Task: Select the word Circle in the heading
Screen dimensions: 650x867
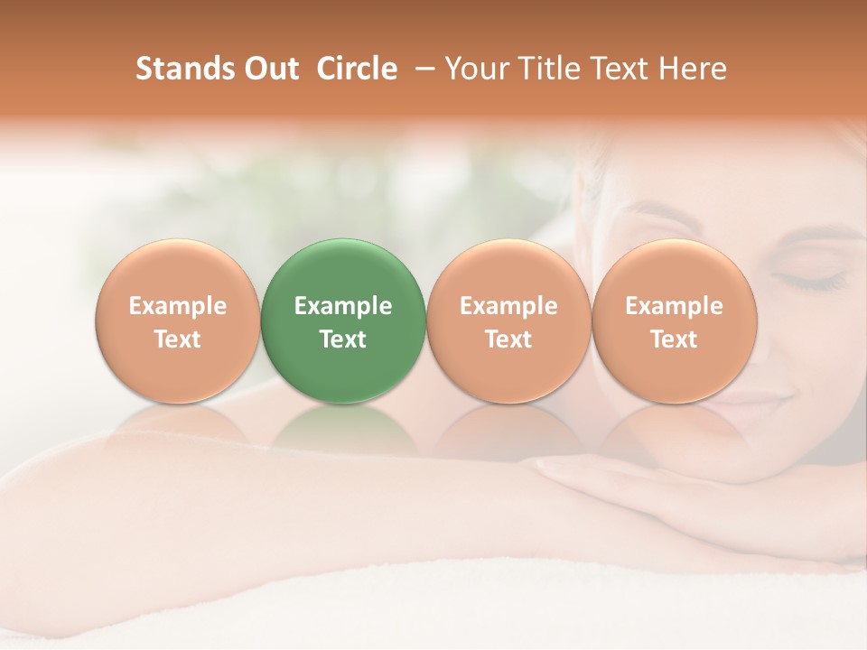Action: [x=356, y=70]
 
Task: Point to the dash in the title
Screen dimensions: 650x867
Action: [x=421, y=70]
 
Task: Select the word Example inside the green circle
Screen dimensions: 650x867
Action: [x=343, y=306]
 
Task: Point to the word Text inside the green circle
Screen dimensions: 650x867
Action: [x=343, y=339]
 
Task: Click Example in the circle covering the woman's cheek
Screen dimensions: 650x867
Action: [x=674, y=306]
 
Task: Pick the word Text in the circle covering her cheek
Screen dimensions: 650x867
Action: [x=674, y=339]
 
